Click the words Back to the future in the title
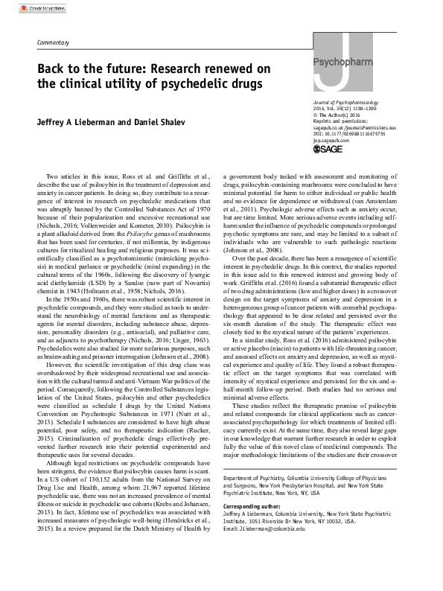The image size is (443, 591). point(82,68)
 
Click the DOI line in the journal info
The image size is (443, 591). point(349,134)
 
